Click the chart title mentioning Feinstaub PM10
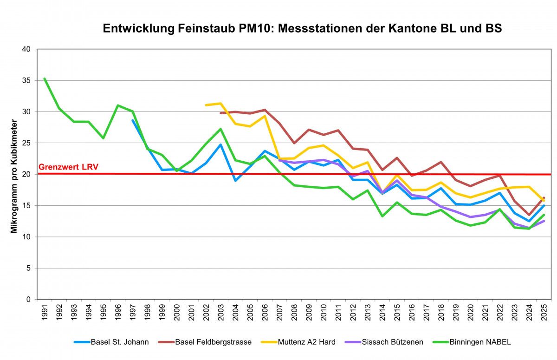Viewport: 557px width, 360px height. (302, 28)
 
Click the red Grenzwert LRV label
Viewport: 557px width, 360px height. (68, 167)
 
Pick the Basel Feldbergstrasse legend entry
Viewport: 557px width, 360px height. (213, 342)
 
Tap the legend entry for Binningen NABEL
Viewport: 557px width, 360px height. (480, 342)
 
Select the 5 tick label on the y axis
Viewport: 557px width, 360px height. (29, 268)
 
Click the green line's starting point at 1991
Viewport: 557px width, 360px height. (45, 79)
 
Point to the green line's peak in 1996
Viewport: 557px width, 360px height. (118, 105)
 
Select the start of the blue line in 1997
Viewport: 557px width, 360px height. (133, 120)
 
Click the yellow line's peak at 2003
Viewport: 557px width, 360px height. (220, 103)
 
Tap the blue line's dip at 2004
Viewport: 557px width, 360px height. (235, 180)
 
